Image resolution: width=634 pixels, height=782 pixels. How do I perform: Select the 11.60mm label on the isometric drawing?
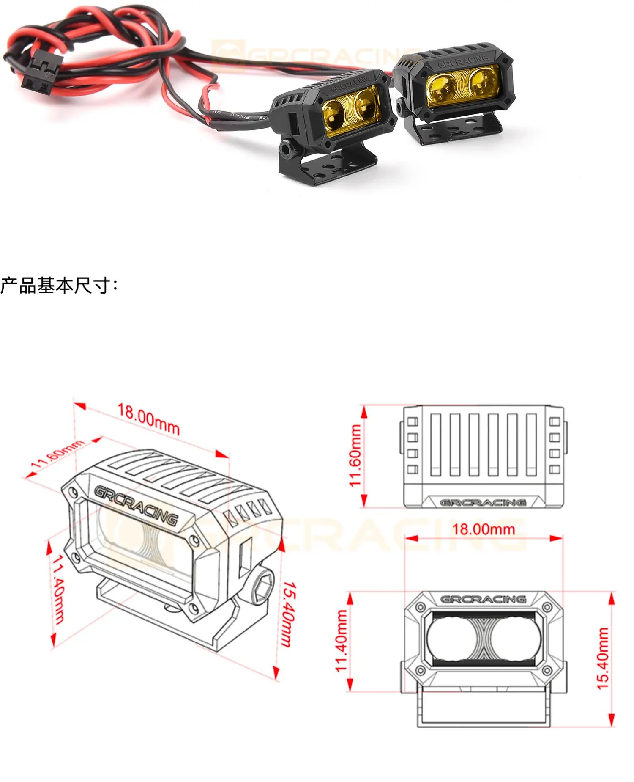coord(57,454)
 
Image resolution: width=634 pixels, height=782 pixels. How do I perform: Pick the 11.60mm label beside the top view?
coord(355,455)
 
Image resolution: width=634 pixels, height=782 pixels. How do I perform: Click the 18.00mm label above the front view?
coord(484,529)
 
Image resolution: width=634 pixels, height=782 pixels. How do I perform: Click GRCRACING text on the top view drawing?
coord(483,503)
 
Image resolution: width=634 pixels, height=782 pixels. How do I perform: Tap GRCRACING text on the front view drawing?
coord(483,599)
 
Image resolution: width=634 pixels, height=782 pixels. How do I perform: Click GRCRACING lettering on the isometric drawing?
coord(136,506)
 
